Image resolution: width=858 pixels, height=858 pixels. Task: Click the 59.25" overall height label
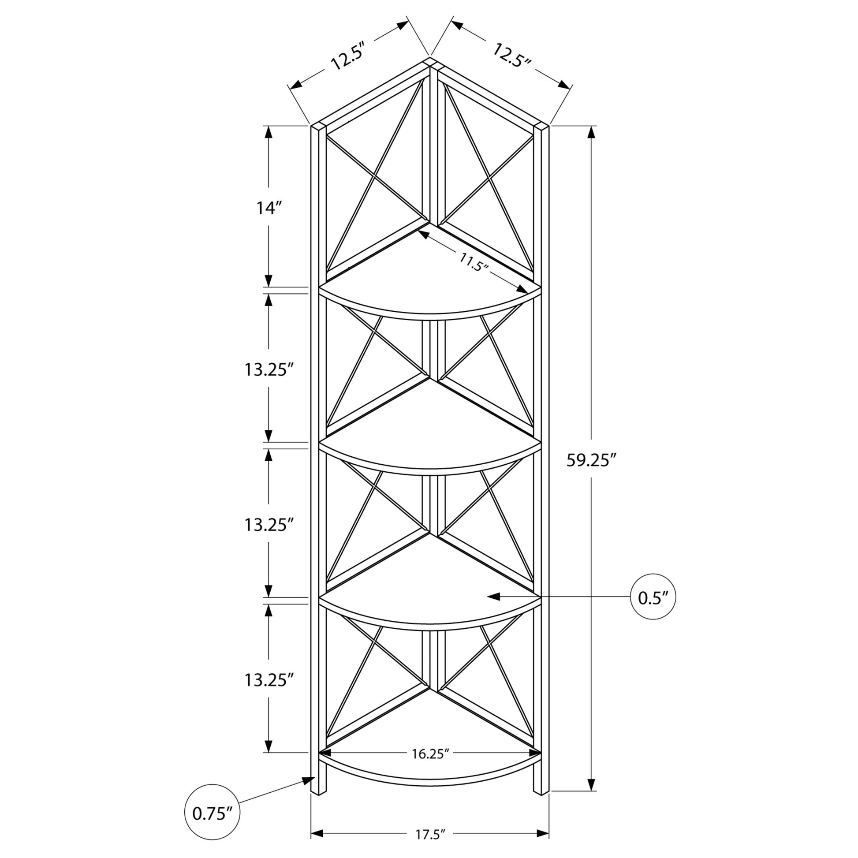click(592, 461)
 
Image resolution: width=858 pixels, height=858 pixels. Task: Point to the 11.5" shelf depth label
click(474, 262)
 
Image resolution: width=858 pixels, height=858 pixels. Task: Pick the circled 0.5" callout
click(653, 597)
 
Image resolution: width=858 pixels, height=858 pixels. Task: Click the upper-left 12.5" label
click(348, 56)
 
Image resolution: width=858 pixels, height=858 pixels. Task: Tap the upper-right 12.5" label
click(511, 55)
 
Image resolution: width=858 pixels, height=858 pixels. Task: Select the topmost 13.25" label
click(269, 369)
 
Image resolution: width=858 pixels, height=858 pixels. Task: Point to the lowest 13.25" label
click(269, 680)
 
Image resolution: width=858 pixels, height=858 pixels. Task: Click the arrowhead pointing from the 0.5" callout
click(494, 597)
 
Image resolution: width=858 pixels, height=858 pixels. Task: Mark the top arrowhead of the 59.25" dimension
click(591, 132)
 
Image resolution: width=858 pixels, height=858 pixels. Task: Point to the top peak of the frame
click(430, 58)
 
